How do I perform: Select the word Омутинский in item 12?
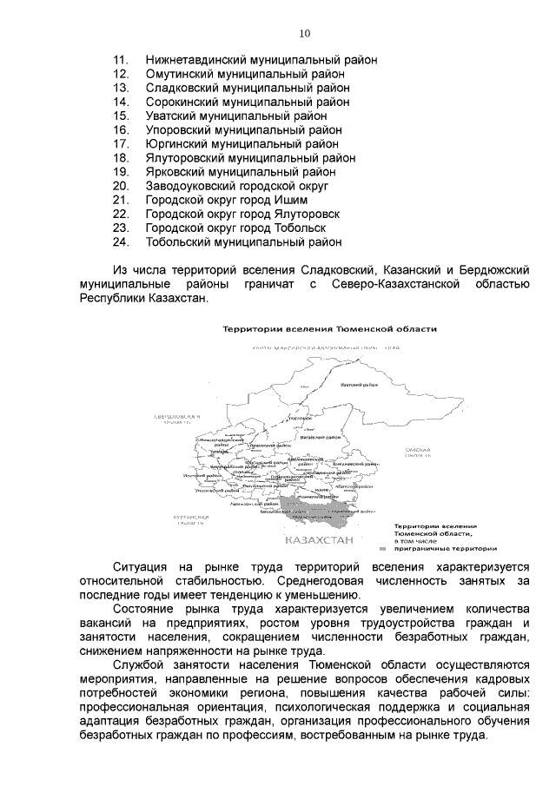tap(177, 74)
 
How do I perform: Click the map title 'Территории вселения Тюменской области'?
tap(329, 329)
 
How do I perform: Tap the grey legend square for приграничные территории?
tap(382, 549)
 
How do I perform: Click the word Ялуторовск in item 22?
tap(304, 214)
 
